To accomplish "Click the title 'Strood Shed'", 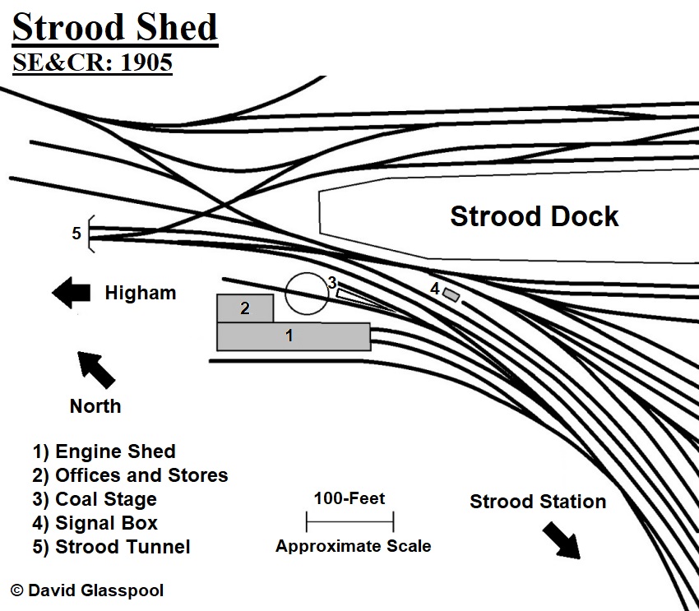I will (x=114, y=28).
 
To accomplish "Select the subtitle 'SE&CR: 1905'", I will (x=92, y=63).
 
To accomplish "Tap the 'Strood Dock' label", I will (x=534, y=217).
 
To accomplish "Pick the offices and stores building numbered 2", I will (x=244, y=308).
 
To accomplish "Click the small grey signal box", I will (x=451, y=294).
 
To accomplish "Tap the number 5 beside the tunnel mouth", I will (x=76, y=234).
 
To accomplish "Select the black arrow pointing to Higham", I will (x=72, y=292).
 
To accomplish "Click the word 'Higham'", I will (x=140, y=293).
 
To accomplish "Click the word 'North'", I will (x=95, y=406).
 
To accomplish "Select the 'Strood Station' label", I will (x=538, y=502).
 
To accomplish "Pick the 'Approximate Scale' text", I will (x=353, y=546).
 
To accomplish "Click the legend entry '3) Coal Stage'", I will (x=95, y=499).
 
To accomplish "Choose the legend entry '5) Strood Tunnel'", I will (x=111, y=547).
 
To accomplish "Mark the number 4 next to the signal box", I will (x=435, y=289).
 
